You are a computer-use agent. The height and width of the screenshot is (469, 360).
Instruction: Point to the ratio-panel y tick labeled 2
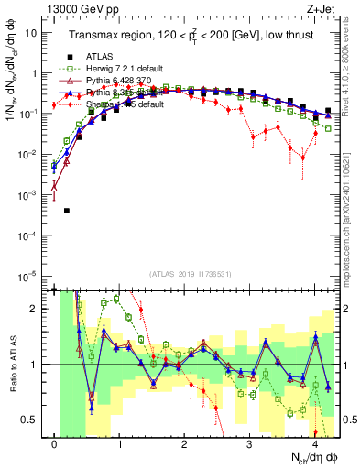point(36,309)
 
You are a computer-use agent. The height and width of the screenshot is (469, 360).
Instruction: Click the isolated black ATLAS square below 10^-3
point(67,211)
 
